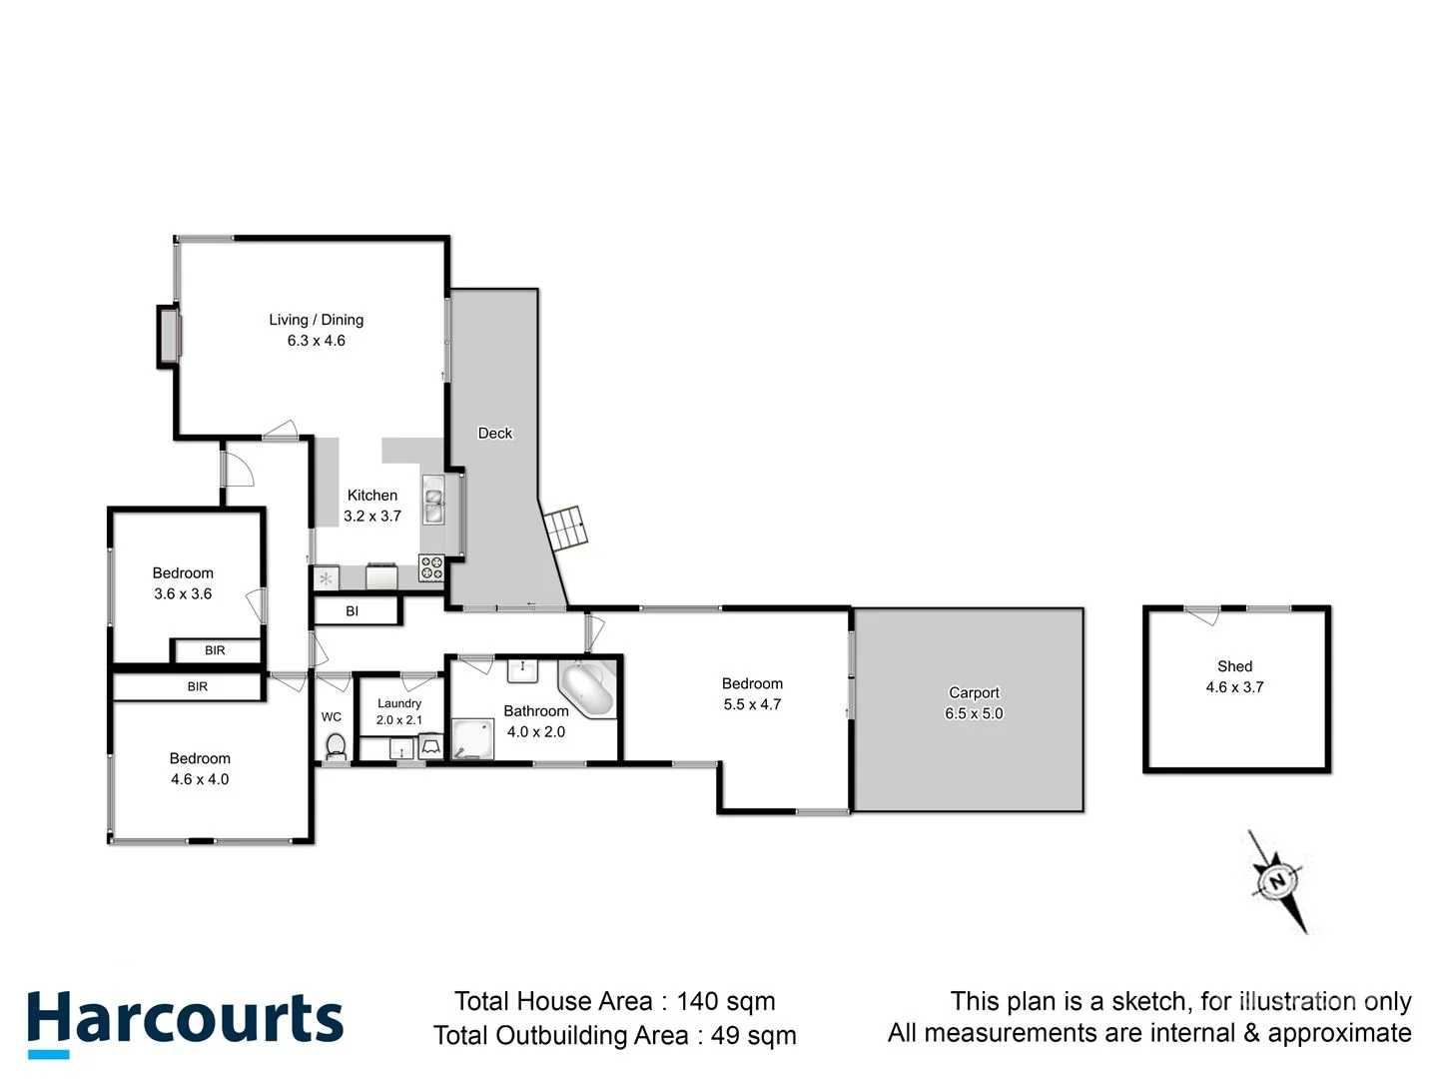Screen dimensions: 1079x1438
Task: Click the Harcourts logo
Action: [185, 1022]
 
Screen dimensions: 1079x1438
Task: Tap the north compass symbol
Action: [1278, 881]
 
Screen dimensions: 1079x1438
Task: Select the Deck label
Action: [494, 433]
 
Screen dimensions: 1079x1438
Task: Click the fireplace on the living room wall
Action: [169, 336]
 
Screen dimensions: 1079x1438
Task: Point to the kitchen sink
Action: [433, 501]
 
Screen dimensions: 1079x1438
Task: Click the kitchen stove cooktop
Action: [431, 568]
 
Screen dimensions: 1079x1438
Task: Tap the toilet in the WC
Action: [336, 746]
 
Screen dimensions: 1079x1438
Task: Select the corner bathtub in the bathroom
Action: [586, 688]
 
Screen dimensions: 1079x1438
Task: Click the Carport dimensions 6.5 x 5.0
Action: [974, 713]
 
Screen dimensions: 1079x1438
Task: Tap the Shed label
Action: [1234, 666]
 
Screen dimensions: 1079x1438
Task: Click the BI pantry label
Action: [352, 611]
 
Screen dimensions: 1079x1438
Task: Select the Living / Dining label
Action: [316, 320]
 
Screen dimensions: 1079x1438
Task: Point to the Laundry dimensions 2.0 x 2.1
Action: [399, 720]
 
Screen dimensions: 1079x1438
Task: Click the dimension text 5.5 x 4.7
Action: [752, 704]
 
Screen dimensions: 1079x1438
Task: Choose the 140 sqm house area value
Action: [725, 1001]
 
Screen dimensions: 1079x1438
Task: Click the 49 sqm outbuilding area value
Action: [753, 1035]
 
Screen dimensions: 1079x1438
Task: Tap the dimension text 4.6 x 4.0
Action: [200, 779]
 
